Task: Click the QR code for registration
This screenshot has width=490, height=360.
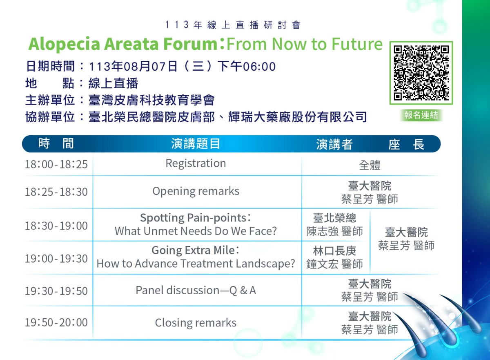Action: (x=421, y=73)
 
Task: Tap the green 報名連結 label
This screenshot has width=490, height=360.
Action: (x=421, y=115)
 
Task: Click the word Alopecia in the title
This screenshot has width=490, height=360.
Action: (x=64, y=45)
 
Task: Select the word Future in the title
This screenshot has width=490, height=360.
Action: (x=357, y=44)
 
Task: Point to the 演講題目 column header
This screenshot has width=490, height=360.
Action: (x=195, y=144)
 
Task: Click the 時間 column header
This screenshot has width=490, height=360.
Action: (x=56, y=143)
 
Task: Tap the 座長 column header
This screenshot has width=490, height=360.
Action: (x=406, y=144)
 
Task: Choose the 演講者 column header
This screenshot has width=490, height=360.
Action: (x=334, y=144)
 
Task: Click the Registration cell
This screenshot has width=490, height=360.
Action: (x=196, y=163)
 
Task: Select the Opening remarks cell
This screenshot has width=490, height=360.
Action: (x=196, y=191)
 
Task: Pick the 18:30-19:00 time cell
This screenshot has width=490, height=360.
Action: (x=56, y=226)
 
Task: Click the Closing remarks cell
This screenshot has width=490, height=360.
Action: (x=196, y=322)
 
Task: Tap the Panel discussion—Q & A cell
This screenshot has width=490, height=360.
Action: (x=196, y=291)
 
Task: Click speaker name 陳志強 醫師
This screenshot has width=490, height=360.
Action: (x=334, y=232)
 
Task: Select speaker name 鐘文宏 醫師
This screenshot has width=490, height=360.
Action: (x=334, y=264)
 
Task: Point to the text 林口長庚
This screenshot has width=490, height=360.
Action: (x=334, y=251)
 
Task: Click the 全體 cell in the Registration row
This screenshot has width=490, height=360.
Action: (x=370, y=165)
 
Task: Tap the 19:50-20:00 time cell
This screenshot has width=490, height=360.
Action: (x=56, y=322)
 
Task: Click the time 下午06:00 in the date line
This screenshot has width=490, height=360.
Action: (x=247, y=67)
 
